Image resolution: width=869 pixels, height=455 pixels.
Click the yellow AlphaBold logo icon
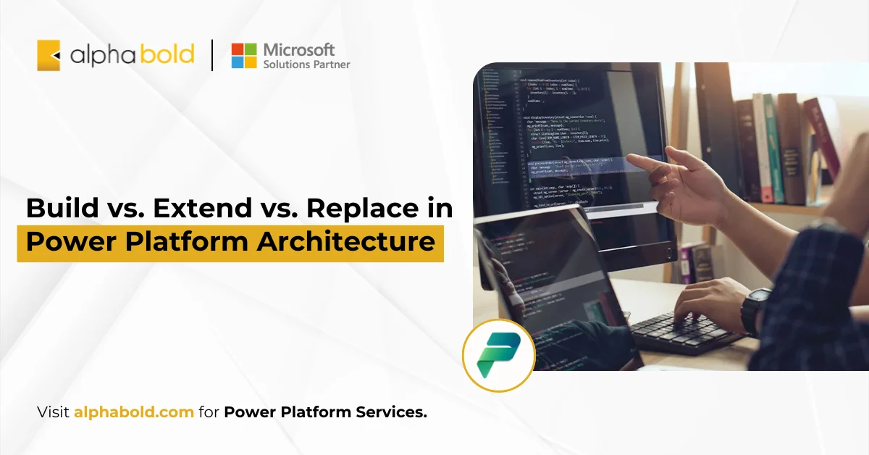(49, 55)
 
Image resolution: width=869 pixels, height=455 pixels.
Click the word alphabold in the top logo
(132, 55)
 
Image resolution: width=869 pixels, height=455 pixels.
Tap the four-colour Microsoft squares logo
(244, 56)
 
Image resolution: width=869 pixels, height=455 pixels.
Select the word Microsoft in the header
(299, 49)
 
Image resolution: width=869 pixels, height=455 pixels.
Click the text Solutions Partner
(306, 64)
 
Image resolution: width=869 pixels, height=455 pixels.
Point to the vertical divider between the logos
(212, 56)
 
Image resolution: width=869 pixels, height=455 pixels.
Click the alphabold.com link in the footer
(133, 412)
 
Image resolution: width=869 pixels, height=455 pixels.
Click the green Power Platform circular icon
(498, 356)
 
